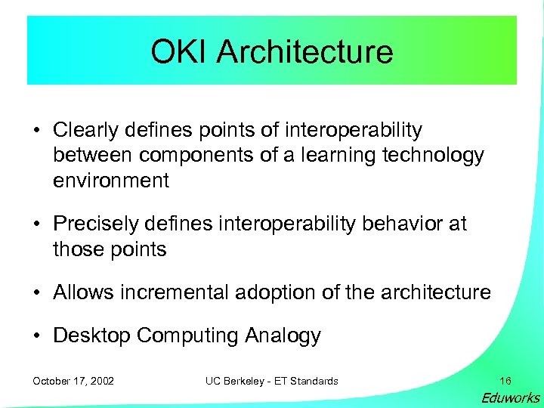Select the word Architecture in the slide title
coord(304,52)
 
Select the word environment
coord(111,181)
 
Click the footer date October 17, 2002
coord(73,381)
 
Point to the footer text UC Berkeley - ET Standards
coord(271,381)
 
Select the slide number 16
coord(505,381)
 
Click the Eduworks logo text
coord(511,398)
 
